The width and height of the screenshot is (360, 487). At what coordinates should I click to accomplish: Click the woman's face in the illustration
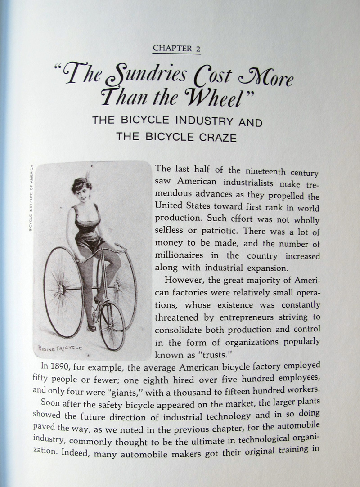(83, 189)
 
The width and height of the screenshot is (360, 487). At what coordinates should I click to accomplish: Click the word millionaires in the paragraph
(180, 256)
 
